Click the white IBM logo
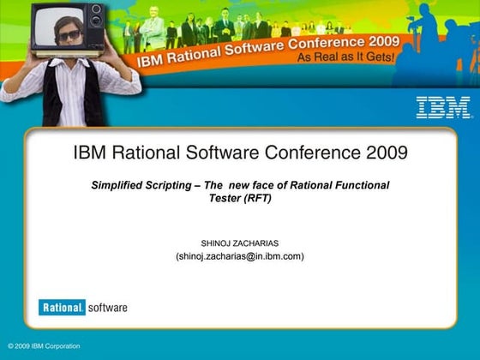click(x=443, y=107)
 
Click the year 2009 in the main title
click(x=381, y=153)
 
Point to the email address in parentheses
click(x=239, y=255)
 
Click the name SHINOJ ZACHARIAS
click(x=239, y=243)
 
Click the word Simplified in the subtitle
click(x=120, y=185)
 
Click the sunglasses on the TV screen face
click(x=69, y=35)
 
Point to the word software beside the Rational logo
click(x=106, y=307)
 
